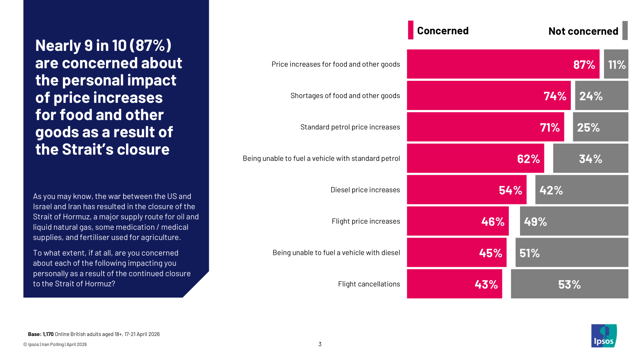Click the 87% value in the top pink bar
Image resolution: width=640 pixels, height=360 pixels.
pyautogui.click(x=584, y=64)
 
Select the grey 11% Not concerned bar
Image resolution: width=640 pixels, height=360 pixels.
pyautogui.click(x=616, y=64)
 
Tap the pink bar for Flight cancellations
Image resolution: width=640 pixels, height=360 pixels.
pyautogui.click(x=454, y=284)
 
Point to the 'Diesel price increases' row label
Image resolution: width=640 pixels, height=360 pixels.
pyautogui.click(x=365, y=190)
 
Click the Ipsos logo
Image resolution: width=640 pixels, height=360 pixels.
pyautogui.click(x=604, y=336)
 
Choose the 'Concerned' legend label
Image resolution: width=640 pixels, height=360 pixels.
pyautogui.click(x=442, y=31)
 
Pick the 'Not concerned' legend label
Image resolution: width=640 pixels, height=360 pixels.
pyautogui.click(x=583, y=31)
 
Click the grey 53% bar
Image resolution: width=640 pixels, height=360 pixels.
pyautogui.click(x=569, y=284)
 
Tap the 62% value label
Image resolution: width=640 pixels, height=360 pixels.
pyautogui.click(x=528, y=159)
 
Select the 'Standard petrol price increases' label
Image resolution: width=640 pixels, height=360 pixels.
pyautogui.click(x=350, y=127)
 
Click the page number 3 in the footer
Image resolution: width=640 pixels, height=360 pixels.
pyautogui.click(x=320, y=344)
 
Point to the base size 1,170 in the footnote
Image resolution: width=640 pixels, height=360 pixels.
pyautogui.click(x=48, y=334)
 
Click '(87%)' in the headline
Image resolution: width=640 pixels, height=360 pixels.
pyautogui.click(x=150, y=46)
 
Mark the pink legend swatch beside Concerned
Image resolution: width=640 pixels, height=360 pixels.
pyautogui.click(x=410, y=30)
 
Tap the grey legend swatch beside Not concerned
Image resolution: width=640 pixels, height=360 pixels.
pyautogui.click(x=625, y=30)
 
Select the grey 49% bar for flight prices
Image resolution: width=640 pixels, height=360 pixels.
pyautogui.click(x=574, y=221)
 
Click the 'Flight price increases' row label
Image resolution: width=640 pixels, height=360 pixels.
pyautogui.click(x=366, y=221)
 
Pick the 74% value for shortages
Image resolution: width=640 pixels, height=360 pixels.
pyautogui.click(x=555, y=96)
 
